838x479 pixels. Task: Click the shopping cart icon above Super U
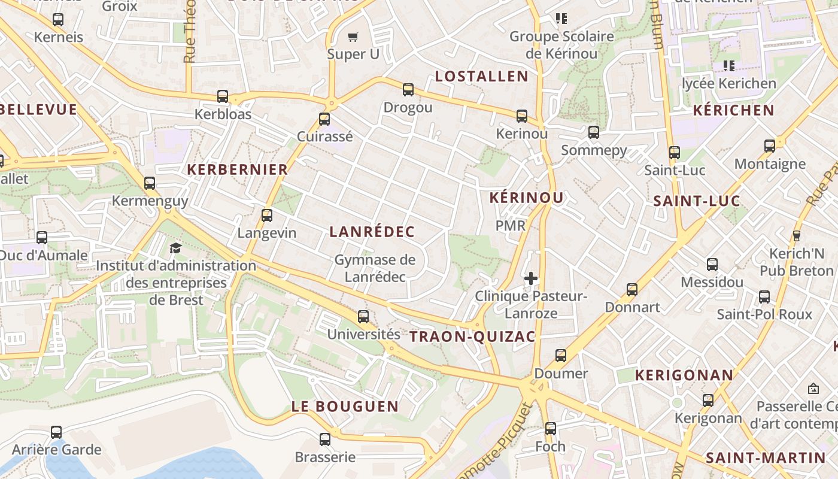[353, 37]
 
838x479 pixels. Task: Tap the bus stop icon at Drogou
[408, 90]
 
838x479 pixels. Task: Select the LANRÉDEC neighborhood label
[372, 232]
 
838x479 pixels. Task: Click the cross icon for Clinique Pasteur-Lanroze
[531, 278]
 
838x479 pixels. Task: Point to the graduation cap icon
[175, 248]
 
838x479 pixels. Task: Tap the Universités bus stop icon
[363, 317]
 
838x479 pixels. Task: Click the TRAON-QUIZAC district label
[472, 336]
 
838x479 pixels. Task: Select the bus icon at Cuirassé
[324, 119]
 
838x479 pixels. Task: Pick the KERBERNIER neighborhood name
[238, 169]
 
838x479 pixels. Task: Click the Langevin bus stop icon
[267, 215]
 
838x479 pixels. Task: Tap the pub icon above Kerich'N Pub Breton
[796, 236]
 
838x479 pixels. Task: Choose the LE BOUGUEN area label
[345, 406]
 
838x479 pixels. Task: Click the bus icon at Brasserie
[325, 439]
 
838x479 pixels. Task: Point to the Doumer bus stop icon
[561, 356]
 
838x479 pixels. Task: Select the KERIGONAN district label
[684, 375]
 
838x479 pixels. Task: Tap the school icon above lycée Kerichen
[728, 65]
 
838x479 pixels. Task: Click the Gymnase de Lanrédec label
[375, 268]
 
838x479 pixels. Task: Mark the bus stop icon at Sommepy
[594, 132]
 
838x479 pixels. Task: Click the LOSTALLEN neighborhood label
[482, 76]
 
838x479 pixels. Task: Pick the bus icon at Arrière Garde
[56, 432]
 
